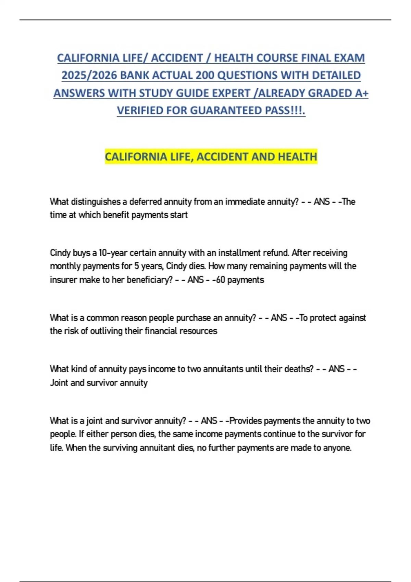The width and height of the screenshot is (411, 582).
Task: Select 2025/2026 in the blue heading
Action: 89,75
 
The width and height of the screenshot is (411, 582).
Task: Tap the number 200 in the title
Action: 205,75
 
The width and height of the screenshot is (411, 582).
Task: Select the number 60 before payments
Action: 221,280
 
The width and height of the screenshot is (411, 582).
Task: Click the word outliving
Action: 107,331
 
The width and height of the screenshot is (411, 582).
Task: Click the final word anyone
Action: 337,448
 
